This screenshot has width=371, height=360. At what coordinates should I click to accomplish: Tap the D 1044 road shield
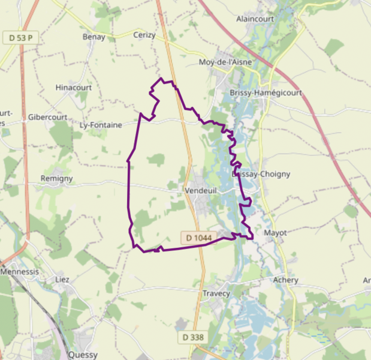tap(199, 238)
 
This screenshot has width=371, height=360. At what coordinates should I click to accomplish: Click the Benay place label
tap(93, 37)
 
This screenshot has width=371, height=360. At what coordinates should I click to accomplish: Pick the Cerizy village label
tap(144, 35)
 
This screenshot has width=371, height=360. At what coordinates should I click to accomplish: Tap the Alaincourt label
tap(255, 19)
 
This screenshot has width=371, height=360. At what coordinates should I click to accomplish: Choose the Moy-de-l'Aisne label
tap(225, 62)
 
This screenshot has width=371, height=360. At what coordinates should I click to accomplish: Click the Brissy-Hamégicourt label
tap(266, 93)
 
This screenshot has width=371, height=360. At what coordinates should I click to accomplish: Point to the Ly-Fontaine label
tap(101, 125)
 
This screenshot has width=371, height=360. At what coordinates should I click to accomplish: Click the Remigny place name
tap(56, 178)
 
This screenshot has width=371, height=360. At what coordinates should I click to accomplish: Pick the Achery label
tap(285, 280)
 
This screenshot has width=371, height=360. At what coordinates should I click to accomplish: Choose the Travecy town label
tap(216, 293)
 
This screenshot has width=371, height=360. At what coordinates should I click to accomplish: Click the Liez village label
tap(62, 280)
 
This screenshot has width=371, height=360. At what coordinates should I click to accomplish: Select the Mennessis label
tap(20, 271)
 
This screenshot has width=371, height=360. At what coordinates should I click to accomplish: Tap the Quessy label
tap(83, 355)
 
